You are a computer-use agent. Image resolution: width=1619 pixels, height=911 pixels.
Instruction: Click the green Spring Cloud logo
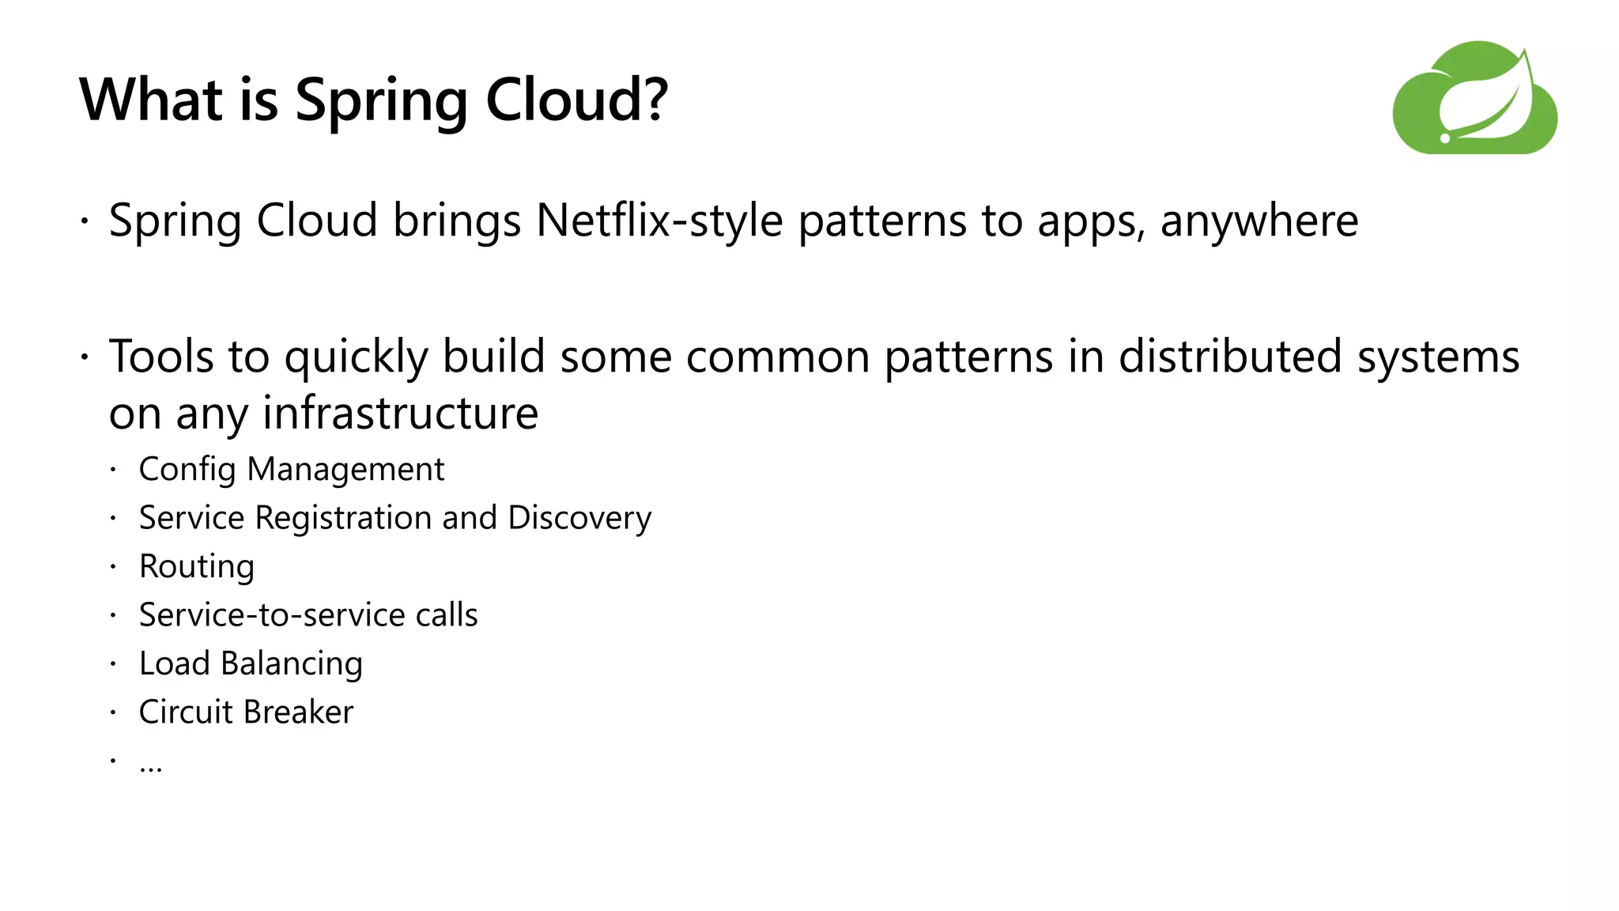[x=1474, y=98]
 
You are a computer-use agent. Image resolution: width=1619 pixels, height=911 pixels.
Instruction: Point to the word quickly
[x=356, y=357]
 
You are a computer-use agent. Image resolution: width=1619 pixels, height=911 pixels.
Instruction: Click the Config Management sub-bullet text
[x=292, y=469]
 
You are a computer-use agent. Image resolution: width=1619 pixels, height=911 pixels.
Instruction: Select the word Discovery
[x=579, y=519]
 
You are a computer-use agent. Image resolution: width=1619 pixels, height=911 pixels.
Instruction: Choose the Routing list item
[x=197, y=567]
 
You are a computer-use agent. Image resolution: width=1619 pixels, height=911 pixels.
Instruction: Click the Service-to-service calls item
[x=308, y=615]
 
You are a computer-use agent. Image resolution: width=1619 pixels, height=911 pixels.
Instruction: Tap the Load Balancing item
[x=251, y=663]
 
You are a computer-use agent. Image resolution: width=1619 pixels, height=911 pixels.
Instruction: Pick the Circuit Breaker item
[x=246, y=712]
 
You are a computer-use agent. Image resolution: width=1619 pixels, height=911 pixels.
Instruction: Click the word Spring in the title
[x=382, y=101]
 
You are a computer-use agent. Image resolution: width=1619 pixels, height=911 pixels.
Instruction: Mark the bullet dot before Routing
[x=114, y=566]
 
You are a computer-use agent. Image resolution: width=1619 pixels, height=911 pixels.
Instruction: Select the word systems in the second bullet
[x=1438, y=357]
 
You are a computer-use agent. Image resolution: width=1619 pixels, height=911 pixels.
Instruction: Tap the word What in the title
[x=151, y=100]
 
